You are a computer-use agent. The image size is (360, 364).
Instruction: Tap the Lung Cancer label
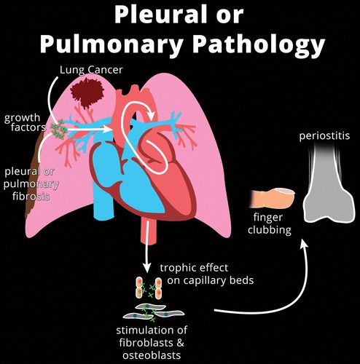[x=91, y=70]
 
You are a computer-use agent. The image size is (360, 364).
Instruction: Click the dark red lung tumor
[x=87, y=92]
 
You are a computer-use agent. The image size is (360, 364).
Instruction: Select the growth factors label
[x=25, y=122]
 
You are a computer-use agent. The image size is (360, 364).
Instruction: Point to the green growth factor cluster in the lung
[x=58, y=129]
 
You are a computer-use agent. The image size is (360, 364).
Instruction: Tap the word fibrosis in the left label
[x=31, y=196]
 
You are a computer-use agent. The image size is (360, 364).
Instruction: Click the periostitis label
[x=324, y=135]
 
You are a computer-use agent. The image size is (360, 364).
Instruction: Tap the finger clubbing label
[x=269, y=223]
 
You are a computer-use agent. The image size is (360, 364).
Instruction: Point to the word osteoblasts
[x=152, y=355]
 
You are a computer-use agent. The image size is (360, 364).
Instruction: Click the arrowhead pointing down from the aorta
[x=146, y=267]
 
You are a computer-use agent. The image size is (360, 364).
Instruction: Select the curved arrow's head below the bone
[x=304, y=242]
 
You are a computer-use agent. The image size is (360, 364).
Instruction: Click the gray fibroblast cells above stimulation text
[x=152, y=312]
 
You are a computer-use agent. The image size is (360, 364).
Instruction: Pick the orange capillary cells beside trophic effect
[x=149, y=288]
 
